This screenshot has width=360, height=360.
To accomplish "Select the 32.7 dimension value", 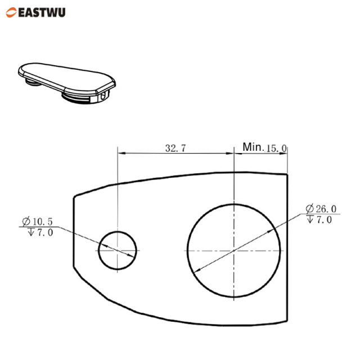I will point(175,148).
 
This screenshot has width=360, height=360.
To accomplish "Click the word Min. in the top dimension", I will point(253,147).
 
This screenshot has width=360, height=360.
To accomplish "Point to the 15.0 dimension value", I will point(276,148).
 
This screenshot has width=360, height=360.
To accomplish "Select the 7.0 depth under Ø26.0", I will point(323,219).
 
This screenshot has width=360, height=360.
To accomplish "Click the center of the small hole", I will point(118,250).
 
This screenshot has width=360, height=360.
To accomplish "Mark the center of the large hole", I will point(233,250).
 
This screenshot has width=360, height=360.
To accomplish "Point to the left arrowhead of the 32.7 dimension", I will point(120,153).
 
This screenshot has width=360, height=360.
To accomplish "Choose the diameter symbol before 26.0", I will point(310,209).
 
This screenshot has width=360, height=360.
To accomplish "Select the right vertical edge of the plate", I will point(289,253).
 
